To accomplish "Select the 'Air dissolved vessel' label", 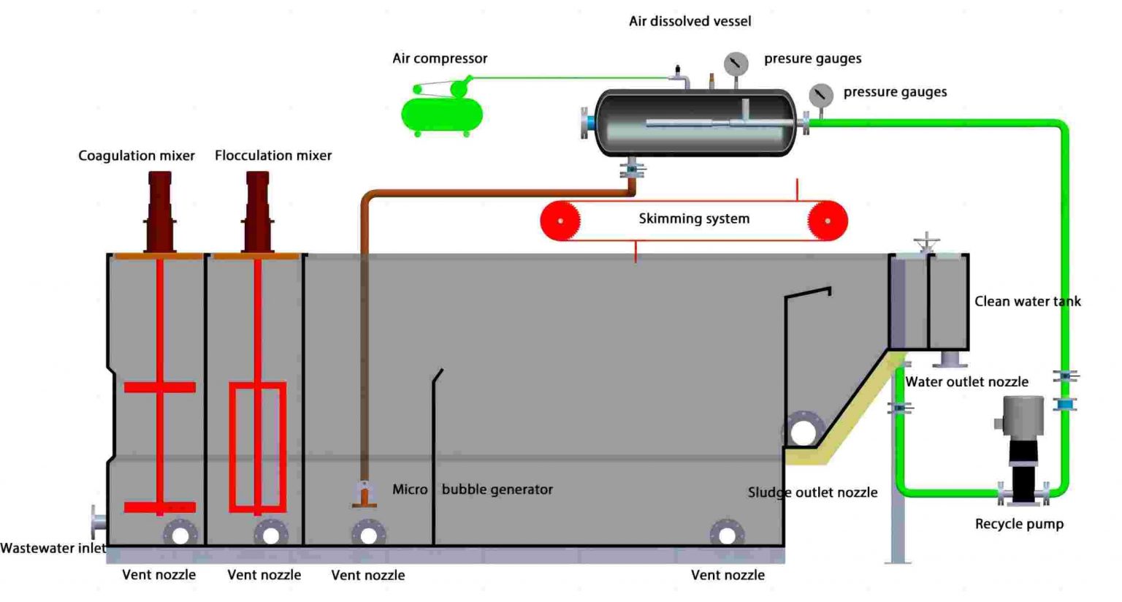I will pyautogui.click(x=690, y=22).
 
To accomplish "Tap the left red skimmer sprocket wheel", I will pyautogui.click(x=560, y=220).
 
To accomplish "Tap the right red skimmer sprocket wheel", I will pyautogui.click(x=827, y=220).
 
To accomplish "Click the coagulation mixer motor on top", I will pyautogui.click(x=160, y=212).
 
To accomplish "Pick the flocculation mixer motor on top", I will pyautogui.click(x=257, y=212).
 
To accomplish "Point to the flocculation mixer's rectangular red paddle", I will pyautogui.click(x=257, y=446).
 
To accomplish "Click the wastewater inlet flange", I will pyautogui.click(x=98, y=522).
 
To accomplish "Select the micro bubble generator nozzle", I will pyautogui.click(x=364, y=495).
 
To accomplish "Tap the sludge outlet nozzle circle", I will pyautogui.click(x=803, y=432).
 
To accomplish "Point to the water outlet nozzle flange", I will pyautogui.click(x=950, y=359).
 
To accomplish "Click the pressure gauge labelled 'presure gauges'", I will pyautogui.click(x=736, y=64).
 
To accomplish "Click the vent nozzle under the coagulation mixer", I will pyautogui.click(x=180, y=536).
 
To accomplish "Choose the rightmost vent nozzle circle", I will pyautogui.click(x=726, y=536).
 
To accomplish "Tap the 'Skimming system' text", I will pyautogui.click(x=694, y=218).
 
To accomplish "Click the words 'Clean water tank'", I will pyautogui.click(x=1027, y=301).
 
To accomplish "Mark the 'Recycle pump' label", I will pyautogui.click(x=1019, y=524).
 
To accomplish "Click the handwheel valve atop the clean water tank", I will pyautogui.click(x=926, y=243).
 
